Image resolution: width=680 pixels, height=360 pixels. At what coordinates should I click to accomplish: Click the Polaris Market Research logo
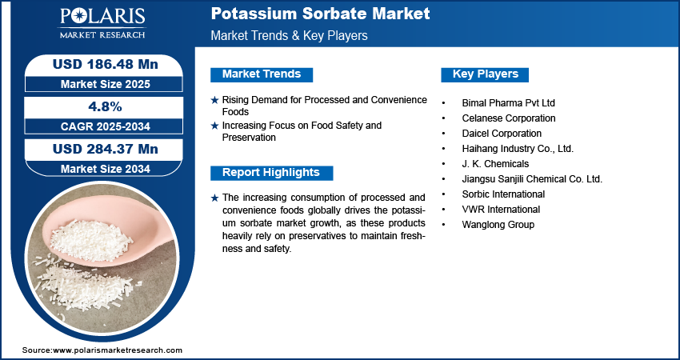(102, 23)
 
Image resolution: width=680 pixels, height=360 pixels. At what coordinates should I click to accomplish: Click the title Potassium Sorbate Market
(320, 14)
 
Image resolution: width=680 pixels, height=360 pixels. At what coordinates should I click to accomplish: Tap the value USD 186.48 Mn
(106, 64)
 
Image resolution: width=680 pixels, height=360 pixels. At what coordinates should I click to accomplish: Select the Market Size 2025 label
(106, 84)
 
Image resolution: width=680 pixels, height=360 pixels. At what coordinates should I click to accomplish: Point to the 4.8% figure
(105, 106)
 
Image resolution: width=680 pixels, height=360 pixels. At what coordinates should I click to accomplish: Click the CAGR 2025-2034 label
(106, 126)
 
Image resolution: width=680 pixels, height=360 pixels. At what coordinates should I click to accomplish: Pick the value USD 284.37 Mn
(106, 149)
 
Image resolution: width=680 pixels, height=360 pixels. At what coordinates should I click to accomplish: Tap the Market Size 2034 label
(106, 169)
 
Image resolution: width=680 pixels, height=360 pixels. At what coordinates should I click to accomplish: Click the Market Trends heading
(262, 74)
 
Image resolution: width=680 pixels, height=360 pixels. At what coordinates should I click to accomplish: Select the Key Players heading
(486, 74)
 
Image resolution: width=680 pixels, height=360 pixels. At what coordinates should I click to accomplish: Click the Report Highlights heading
(271, 173)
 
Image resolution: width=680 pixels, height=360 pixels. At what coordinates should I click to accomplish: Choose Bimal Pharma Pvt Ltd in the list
(508, 103)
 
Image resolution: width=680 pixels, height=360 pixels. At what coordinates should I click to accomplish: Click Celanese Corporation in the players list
(509, 118)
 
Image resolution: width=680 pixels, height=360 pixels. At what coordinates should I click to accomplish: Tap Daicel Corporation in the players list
(502, 134)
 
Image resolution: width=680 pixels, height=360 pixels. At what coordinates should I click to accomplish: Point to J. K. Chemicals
(495, 164)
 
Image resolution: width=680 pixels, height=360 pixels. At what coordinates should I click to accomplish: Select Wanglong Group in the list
(498, 225)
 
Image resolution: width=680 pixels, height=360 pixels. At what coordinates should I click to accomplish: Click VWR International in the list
(501, 210)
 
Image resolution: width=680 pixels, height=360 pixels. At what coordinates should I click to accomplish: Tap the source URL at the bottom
(102, 350)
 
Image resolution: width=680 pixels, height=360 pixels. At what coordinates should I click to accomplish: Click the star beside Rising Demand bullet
(214, 100)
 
